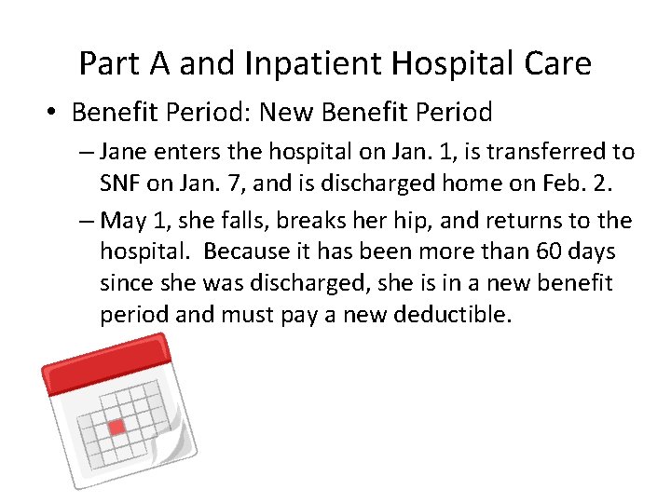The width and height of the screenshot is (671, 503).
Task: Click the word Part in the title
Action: (103, 63)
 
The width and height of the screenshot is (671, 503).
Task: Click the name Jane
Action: (122, 152)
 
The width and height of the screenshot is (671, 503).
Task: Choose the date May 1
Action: (134, 221)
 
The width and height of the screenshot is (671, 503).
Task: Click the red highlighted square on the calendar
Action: (116, 428)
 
